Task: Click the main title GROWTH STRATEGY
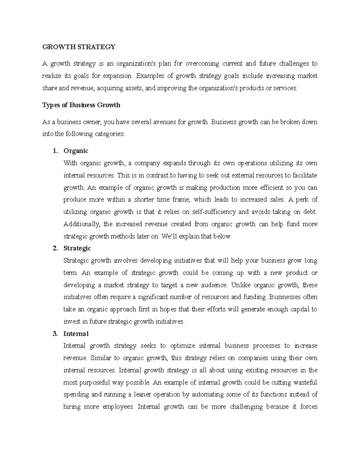pyautogui.click(x=79, y=47)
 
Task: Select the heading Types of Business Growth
pyautogui.click(x=81, y=105)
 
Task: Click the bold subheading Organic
pyautogui.click(x=76, y=151)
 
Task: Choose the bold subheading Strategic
pyautogui.click(x=77, y=248)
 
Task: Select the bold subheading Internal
pyautogui.click(x=76, y=334)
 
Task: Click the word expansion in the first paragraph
pyautogui.click(x=117, y=76)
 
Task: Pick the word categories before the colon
pyautogui.click(x=109, y=134)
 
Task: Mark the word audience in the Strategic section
pyautogui.click(x=213, y=285)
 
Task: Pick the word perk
pyautogui.click(x=301, y=200)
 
